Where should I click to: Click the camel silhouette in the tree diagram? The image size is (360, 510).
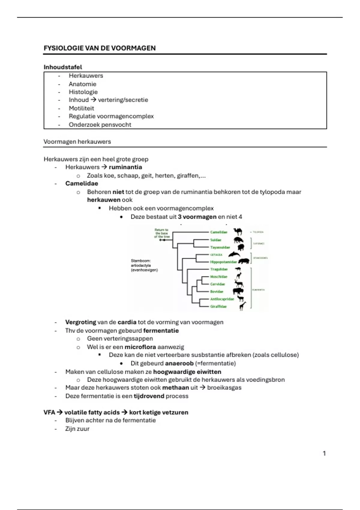coord(238,232)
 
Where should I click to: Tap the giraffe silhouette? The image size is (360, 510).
coord(242,306)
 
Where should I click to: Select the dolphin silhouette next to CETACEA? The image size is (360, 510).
coord(234,254)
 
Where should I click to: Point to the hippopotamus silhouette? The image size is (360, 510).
coord(244,261)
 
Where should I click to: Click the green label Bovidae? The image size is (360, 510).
coord(217,291)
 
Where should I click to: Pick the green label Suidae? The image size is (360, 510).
coord(215,240)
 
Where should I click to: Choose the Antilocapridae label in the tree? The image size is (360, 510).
coord(222,299)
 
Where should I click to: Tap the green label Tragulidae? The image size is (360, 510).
coord(219,269)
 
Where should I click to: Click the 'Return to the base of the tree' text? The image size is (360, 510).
coord(162,233)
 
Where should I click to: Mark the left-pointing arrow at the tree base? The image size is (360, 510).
coord(162,240)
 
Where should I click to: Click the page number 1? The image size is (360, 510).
coord(324,453)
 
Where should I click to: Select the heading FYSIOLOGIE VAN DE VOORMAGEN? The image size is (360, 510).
coord(100,48)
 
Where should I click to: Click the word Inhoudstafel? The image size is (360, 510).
coord(63,67)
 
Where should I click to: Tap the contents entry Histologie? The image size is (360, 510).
coord(83,92)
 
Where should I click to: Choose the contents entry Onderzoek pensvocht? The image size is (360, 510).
coord(100,124)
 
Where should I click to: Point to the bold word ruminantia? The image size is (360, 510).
coord(125,167)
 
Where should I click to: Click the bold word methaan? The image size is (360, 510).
coord(175,388)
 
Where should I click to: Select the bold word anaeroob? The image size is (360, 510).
coord(179,363)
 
